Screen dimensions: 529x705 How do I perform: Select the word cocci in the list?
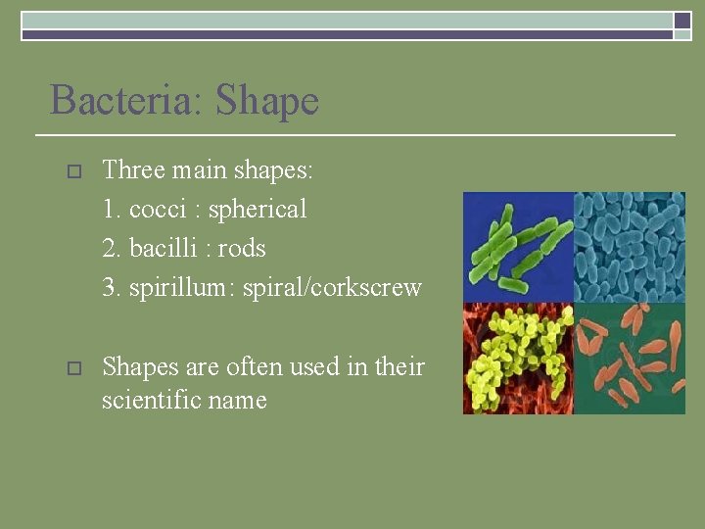click(x=155, y=210)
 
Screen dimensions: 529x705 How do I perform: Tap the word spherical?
click(x=258, y=210)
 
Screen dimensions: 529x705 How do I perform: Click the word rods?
click(x=242, y=249)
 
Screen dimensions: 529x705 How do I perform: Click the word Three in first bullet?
click(x=133, y=170)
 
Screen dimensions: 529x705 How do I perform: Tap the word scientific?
click(x=156, y=400)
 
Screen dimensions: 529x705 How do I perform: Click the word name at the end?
click(x=242, y=400)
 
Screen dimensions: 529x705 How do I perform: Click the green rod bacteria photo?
click(x=517, y=246)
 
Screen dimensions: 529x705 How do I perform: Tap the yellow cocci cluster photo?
click(x=517, y=359)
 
